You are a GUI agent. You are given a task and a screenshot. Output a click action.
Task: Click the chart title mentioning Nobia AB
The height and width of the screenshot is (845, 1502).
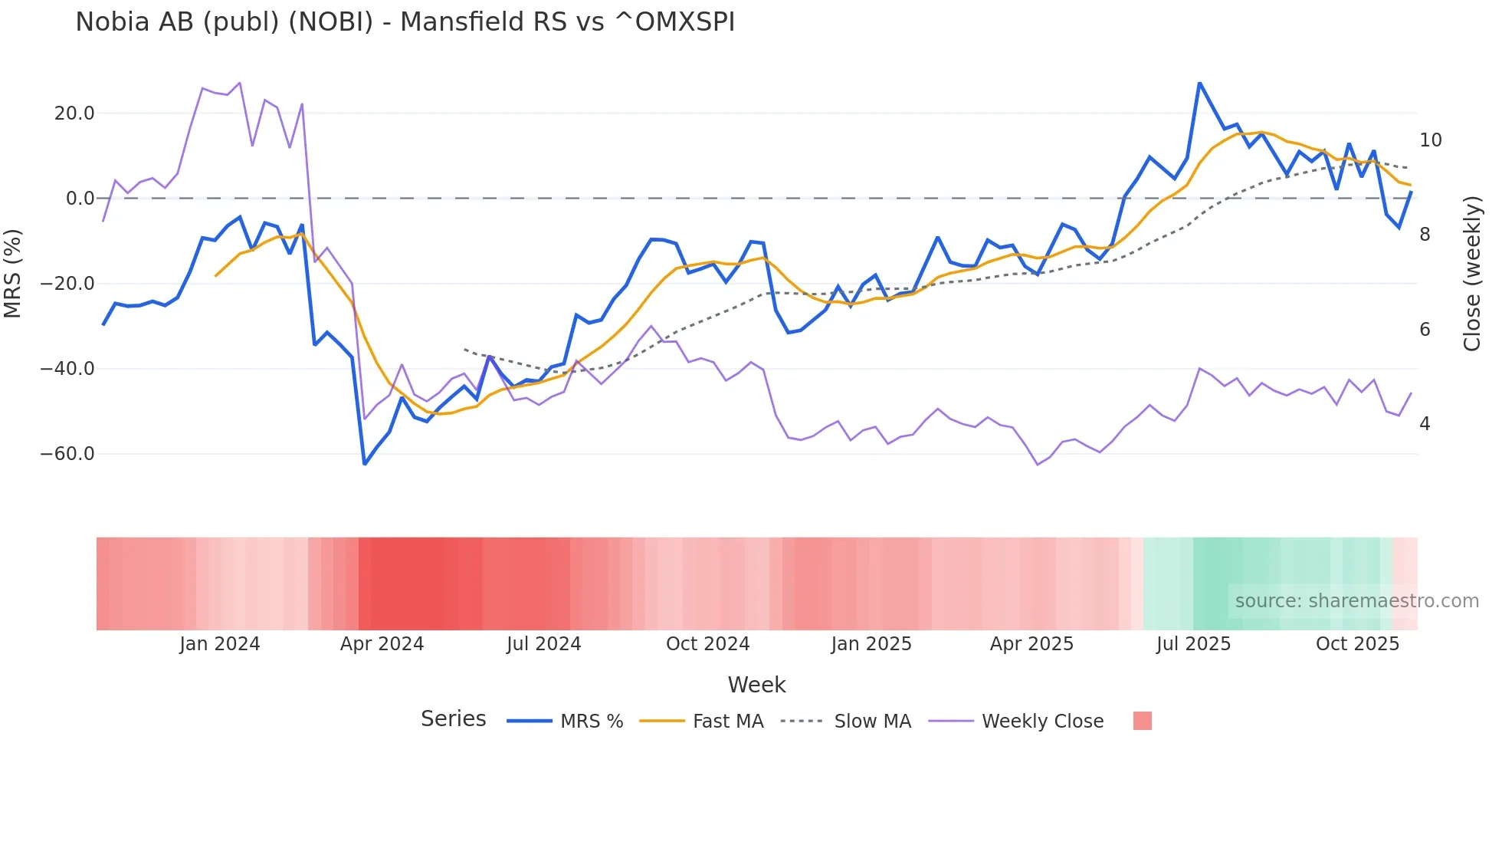click(x=405, y=22)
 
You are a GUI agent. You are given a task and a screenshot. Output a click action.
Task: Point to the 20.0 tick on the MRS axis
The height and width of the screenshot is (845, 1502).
click(x=74, y=113)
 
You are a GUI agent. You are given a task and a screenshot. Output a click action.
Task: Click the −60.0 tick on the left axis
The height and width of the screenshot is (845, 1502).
click(x=67, y=454)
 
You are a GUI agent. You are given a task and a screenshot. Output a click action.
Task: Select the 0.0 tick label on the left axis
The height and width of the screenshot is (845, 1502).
click(x=80, y=199)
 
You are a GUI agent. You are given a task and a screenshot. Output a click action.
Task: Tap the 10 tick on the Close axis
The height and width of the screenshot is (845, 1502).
click(x=1430, y=140)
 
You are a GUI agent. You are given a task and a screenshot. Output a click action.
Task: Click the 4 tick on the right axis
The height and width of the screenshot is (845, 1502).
click(x=1425, y=424)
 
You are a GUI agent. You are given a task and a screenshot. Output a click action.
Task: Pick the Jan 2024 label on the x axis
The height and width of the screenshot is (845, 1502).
click(x=220, y=644)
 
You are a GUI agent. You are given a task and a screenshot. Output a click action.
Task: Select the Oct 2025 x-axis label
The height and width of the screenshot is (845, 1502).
click(x=1357, y=644)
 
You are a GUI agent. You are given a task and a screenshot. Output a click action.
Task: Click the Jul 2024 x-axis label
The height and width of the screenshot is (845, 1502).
click(x=544, y=644)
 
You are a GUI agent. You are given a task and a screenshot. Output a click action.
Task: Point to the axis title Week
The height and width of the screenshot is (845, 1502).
click(x=756, y=685)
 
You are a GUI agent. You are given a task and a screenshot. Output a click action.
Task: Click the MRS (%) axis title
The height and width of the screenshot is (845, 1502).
click(x=13, y=274)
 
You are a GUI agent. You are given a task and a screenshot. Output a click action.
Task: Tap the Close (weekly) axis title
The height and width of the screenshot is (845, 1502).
click(x=1472, y=274)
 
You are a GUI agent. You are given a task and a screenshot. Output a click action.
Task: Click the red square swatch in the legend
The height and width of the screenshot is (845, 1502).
click(x=1142, y=721)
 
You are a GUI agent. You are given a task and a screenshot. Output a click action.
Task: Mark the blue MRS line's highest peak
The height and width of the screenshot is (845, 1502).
click(x=1199, y=83)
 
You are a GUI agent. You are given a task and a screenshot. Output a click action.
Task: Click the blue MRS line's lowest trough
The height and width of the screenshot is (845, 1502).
click(x=365, y=464)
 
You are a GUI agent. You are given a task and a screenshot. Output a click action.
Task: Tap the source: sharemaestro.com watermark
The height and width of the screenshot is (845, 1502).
click(x=1356, y=601)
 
